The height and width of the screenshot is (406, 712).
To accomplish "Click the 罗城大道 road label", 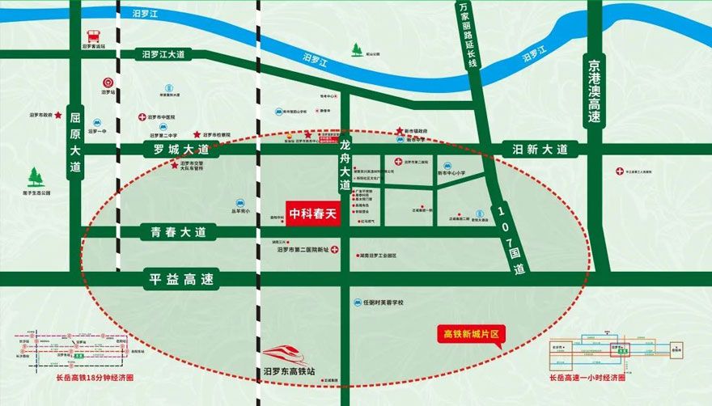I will tap(176, 150).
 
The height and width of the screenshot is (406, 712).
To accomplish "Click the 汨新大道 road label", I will tap(540, 150).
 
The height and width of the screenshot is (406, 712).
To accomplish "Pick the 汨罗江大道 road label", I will tap(163, 55).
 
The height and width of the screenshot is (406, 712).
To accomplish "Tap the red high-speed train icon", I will tap(288, 354).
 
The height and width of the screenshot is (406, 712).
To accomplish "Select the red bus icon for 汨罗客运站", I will tap(94, 35).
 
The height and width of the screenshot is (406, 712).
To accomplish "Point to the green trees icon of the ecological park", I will tap(36, 177).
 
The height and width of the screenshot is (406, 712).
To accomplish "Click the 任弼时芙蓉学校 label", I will tap(383, 302).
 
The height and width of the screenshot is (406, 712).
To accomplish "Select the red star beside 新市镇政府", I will tap(400, 131).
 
